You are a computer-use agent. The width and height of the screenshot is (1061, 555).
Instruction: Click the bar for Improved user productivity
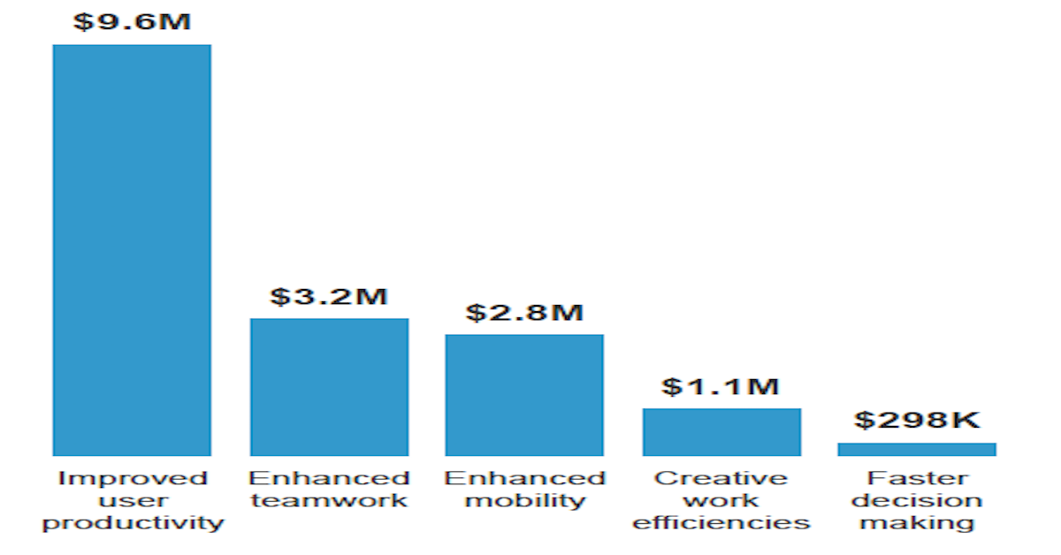[132, 250]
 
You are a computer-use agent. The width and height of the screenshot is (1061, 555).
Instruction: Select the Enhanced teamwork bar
[329, 387]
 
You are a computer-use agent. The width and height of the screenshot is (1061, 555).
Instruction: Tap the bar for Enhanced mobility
[524, 395]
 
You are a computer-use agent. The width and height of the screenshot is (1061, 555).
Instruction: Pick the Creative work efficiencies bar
[721, 432]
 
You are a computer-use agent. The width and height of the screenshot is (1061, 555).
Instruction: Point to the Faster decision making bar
[917, 449]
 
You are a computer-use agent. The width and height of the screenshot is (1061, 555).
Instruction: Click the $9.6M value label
[132, 21]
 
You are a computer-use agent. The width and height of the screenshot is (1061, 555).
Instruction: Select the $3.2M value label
[329, 296]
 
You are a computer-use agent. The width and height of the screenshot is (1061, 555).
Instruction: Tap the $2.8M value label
[525, 312]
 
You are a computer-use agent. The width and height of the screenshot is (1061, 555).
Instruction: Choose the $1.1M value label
[721, 386]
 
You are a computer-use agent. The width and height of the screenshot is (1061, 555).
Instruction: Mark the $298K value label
[918, 421]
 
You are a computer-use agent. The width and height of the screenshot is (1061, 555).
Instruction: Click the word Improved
[133, 479]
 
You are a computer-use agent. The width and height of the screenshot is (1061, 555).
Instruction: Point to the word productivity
[134, 523]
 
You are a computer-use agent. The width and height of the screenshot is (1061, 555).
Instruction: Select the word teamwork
[329, 501]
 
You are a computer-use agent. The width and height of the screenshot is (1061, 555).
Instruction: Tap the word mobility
[525, 501]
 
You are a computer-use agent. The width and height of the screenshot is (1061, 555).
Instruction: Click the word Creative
[721, 479]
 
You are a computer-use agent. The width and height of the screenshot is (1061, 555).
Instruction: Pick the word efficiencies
[721, 523]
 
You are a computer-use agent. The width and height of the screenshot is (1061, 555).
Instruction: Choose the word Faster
[918, 479]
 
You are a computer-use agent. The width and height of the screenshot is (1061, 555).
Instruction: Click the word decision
[918, 501]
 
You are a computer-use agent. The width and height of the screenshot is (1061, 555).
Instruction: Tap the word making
[918, 523]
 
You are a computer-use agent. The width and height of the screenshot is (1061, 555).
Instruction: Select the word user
[133, 501]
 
